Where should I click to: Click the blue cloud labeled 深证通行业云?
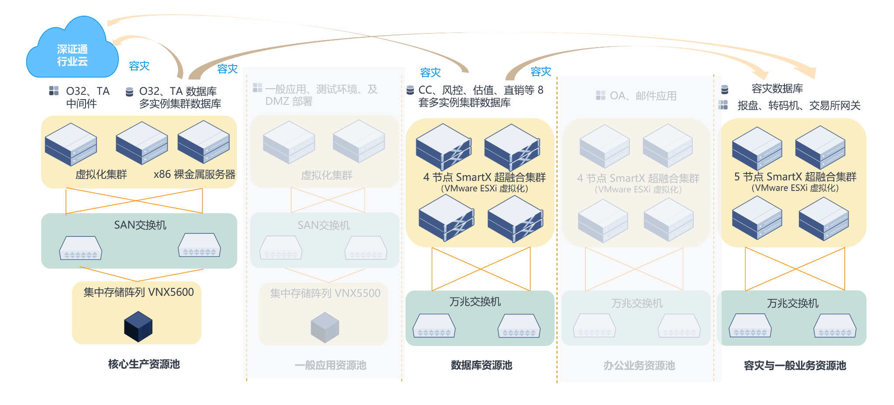[x=72, y=50]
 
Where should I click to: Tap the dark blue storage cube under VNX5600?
[x=138, y=326]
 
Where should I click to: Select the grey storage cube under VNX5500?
[x=325, y=327]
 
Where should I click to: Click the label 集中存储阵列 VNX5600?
[x=139, y=292]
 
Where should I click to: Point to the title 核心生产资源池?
[x=144, y=364]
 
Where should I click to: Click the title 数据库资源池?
[x=481, y=365]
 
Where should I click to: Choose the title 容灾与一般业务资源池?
[x=795, y=365]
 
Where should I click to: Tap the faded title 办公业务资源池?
[x=639, y=365]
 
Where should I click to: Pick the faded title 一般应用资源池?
[x=330, y=365]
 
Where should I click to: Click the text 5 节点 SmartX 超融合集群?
[x=795, y=177]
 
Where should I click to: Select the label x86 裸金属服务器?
[x=194, y=174]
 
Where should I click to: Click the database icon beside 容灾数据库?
[x=725, y=90]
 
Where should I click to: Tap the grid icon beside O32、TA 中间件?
[x=54, y=91]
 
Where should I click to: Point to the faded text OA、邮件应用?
[x=643, y=96]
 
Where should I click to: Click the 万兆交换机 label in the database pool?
[x=475, y=301]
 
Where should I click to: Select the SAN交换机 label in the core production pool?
[x=140, y=225]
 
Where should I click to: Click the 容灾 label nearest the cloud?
[x=139, y=66]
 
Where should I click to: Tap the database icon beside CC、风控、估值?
[x=410, y=90]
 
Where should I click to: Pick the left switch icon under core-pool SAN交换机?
[x=81, y=248]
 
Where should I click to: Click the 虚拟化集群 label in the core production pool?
[x=101, y=174]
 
